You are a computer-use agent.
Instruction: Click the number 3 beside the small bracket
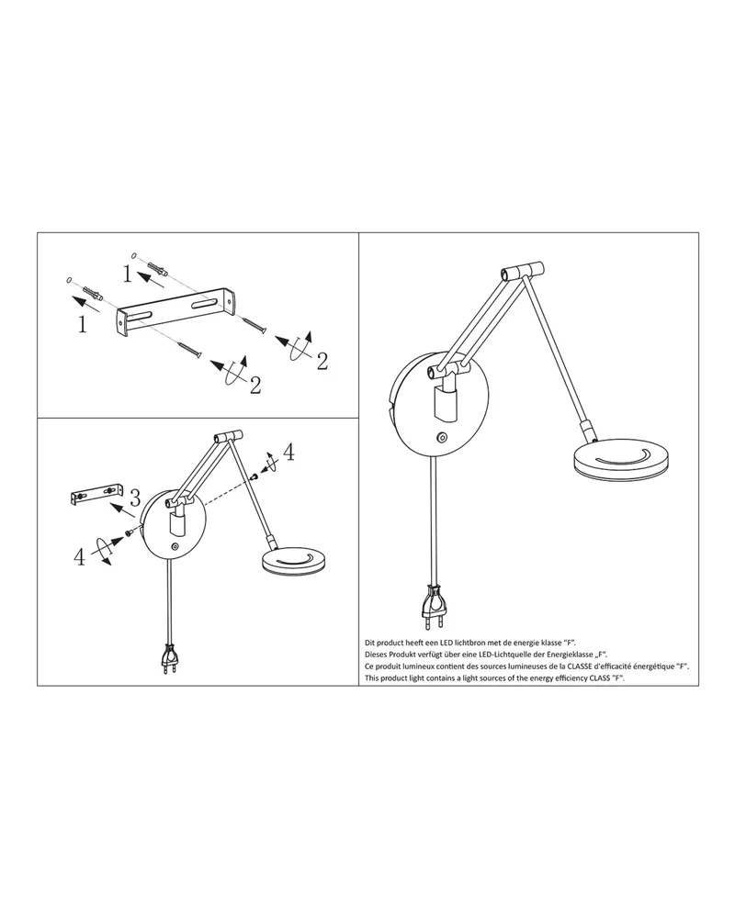coord(135,498)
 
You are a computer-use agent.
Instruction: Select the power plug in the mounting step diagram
coord(169,660)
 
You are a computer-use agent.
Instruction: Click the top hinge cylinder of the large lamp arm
coord(522,271)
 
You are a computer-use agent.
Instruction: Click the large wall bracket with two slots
coord(175,311)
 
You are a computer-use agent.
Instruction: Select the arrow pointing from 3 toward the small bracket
coord(123,509)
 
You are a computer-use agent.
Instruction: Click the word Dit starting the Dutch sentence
coord(370,643)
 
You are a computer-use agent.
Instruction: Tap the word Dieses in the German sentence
coord(376,655)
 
